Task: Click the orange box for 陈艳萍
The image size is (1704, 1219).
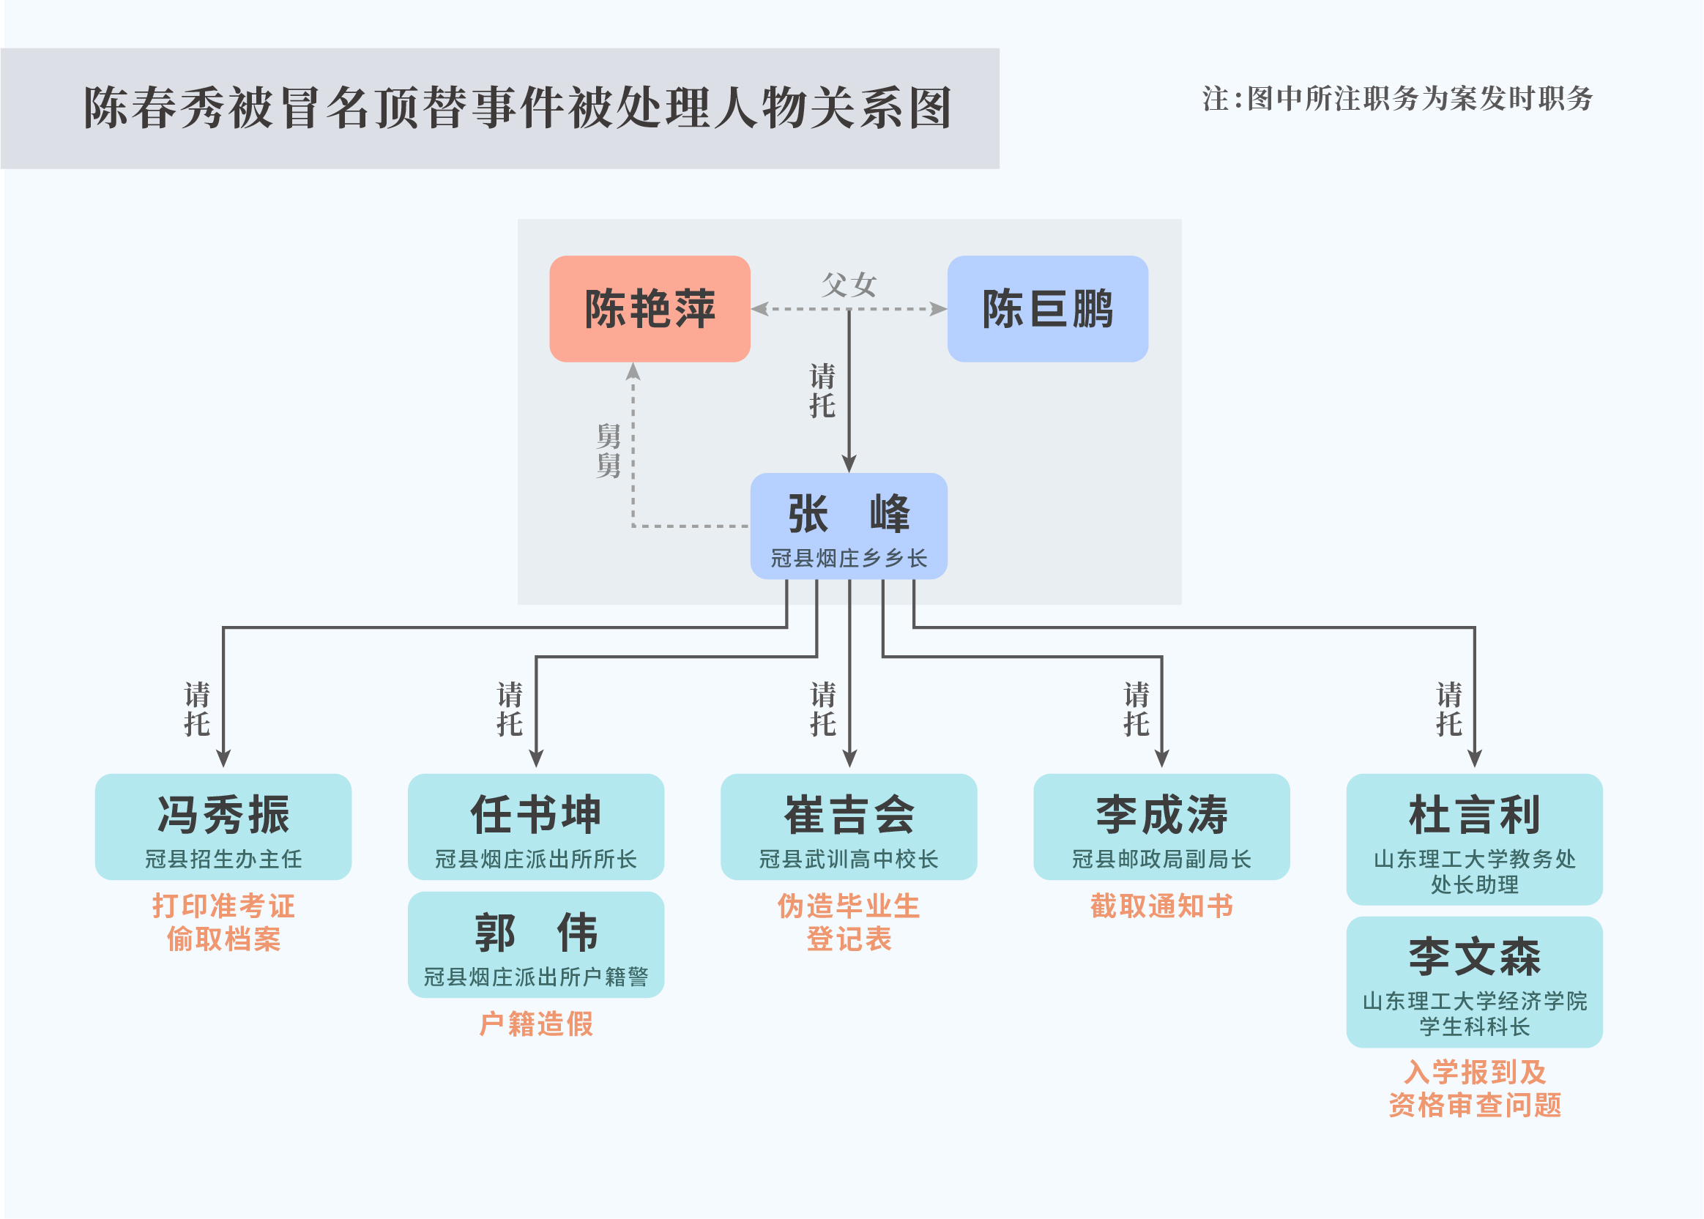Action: click(x=650, y=308)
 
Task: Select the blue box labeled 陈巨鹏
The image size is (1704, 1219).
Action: click(x=1047, y=308)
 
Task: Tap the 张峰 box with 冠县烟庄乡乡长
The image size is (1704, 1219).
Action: click(x=848, y=526)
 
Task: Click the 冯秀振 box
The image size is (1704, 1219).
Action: click(x=223, y=827)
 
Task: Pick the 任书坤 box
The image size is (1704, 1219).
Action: click(x=536, y=827)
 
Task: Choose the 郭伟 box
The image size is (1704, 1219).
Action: click(x=536, y=944)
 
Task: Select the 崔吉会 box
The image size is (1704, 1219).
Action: click(x=848, y=827)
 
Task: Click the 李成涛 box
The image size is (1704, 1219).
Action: click(x=1161, y=827)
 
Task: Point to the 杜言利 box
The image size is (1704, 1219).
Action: click(x=1473, y=839)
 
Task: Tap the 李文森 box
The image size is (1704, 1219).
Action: click(x=1473, y=981)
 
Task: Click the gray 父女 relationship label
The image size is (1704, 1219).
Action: click(x=848, y=285)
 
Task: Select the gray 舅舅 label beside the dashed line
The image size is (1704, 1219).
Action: click(x=608, y=450)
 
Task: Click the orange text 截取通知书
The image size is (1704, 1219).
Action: click(x=1161, y=906)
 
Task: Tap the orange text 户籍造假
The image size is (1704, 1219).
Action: click(x=536, y=1024)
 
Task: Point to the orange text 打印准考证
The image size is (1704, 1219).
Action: click(x=223, y=906)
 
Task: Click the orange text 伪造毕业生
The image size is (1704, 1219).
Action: click(x=848, y=906)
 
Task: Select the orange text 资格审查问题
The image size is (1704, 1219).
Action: click(x=1473, y=1105)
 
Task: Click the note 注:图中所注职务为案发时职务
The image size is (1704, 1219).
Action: click(x=1397, y=99)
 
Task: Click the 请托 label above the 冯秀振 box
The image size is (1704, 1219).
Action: click(x=197, y=709)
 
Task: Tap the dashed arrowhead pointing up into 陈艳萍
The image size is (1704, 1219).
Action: click(x=633, y=371)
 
